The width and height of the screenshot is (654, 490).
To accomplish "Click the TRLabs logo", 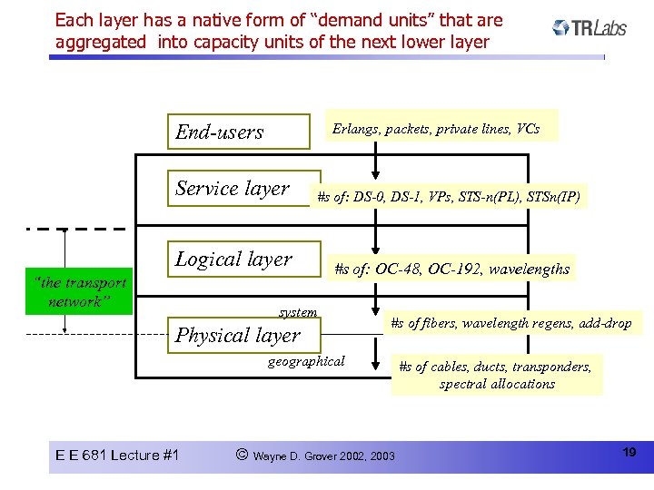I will click(x=590, y=28).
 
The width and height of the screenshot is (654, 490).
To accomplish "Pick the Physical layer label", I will click(x=237, y=336).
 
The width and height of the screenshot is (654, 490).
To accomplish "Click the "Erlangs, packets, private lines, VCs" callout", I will click(x=436, y=129).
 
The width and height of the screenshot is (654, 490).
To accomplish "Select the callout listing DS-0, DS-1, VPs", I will click(x=448, y=195).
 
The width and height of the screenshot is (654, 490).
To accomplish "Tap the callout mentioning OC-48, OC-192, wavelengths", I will click(x=451, y=268).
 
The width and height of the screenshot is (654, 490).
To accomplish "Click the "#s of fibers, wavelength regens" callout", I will click(x=510, y=322).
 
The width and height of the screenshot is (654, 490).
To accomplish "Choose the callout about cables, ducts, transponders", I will click(x=496, y=375).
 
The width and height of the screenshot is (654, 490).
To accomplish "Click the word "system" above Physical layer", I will click(x=298, y=312).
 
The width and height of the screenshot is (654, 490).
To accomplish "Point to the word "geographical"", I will click(x=306, y=361).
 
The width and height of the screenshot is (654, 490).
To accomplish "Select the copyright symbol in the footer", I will click(x=242, y=454).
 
